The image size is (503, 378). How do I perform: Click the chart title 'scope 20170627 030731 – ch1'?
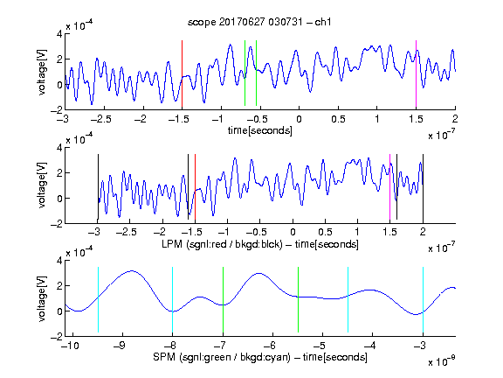click(x=259, y=22)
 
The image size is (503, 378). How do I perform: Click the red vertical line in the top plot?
click(x=182, y=73)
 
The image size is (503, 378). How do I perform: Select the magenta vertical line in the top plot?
click(x=416, y=73)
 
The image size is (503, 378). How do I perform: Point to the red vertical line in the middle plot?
click(x=195, y=187)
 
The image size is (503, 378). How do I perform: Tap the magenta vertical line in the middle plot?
click(x=389, y=187)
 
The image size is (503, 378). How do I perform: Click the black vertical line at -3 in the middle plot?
click(x=98, y=187)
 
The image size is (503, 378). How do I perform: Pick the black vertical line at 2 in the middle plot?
click(x=423, y=187)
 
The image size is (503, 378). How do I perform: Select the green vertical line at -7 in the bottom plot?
click(x=223, y=299)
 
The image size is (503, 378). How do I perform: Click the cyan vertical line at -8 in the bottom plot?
click(x=172, y=299)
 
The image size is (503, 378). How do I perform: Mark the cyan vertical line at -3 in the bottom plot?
click(x=423, y=299)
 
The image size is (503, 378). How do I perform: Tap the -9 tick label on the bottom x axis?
click(x=120, y=346)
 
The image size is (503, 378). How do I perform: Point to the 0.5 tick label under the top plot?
click(x=338, y=119)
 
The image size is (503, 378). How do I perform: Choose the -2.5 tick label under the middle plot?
click(x=127, y=232)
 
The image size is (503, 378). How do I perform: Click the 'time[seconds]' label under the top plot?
click(x=260, y=130)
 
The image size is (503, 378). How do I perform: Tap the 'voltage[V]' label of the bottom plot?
click(x=42, y=298)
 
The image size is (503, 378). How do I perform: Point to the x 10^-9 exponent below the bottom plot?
click(x=441, y=361)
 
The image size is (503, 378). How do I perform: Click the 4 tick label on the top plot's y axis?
click(x=59, y=34)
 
